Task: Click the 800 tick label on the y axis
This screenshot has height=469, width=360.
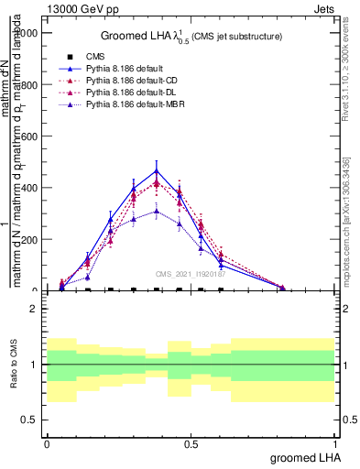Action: tap(31, 85)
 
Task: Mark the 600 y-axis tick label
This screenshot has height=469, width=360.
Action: tap(31, 136)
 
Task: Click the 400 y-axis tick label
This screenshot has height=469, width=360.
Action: tap(31, 189)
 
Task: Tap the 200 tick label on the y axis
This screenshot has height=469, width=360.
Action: tap(31, 240)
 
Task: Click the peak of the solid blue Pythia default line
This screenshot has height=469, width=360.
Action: tap(157, 170)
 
